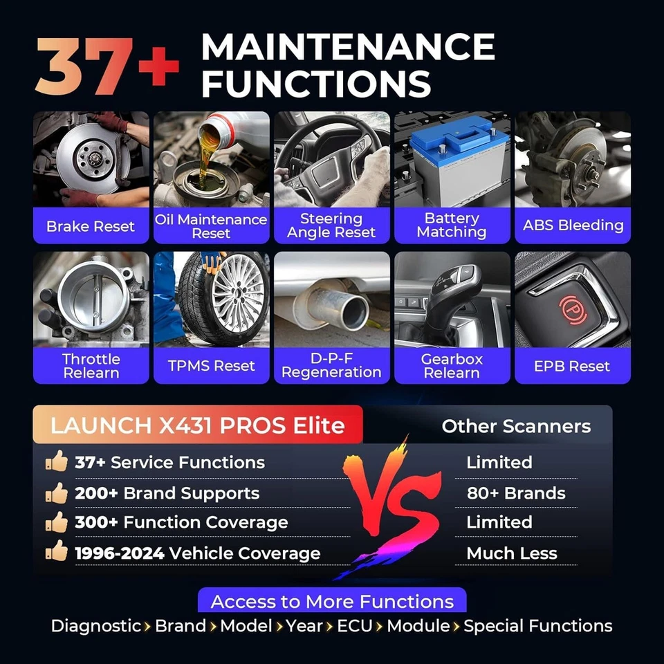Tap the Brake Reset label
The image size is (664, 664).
(91, 226)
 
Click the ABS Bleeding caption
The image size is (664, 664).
(573, 225)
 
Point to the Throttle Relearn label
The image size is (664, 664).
(91, 366)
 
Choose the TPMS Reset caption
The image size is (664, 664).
(211, 366)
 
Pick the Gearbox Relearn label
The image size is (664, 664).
(452, 366)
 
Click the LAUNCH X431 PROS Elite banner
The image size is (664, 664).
(197, 425)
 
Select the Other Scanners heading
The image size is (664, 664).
(516, 426)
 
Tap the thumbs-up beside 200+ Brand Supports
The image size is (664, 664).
(57, 493)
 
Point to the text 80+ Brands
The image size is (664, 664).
(515, 493)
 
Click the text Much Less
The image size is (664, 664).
(511, 553)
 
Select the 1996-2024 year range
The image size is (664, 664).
(120, 553)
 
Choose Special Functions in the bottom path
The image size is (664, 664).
(537, 626)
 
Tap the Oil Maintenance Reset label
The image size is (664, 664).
(211, 226)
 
